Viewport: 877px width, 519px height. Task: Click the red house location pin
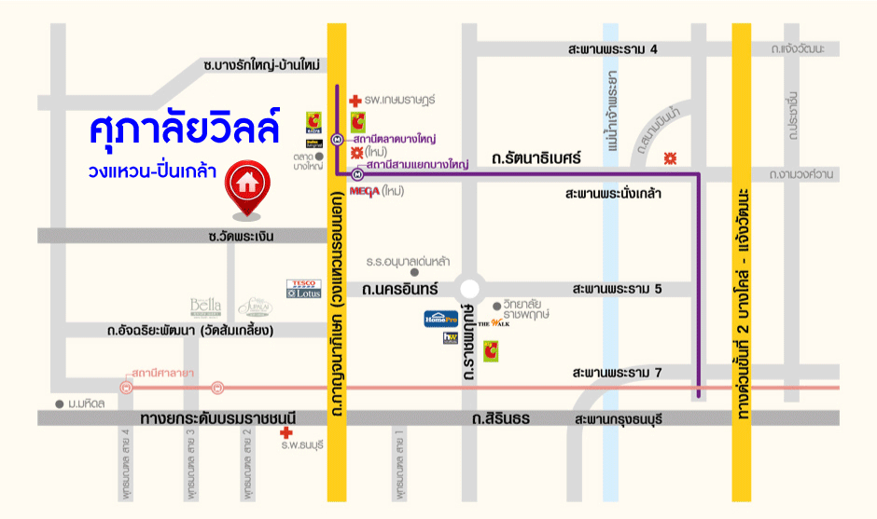point(246,184)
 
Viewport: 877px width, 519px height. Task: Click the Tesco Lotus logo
point(303,288)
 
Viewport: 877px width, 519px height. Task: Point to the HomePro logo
point(441,319)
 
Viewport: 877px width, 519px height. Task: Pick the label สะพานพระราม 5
point(618,290)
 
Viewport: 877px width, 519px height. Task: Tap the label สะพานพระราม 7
point(618,374)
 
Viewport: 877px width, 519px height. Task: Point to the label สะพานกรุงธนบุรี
point(618,419)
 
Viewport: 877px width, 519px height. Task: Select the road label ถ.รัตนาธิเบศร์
point(536,159)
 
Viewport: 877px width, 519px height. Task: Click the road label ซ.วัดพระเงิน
point(242,237)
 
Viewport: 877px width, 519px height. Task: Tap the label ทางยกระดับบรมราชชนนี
point(217,419)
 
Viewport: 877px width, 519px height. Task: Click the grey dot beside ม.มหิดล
point(60,403)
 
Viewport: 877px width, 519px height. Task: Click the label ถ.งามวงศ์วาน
point(801,174)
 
